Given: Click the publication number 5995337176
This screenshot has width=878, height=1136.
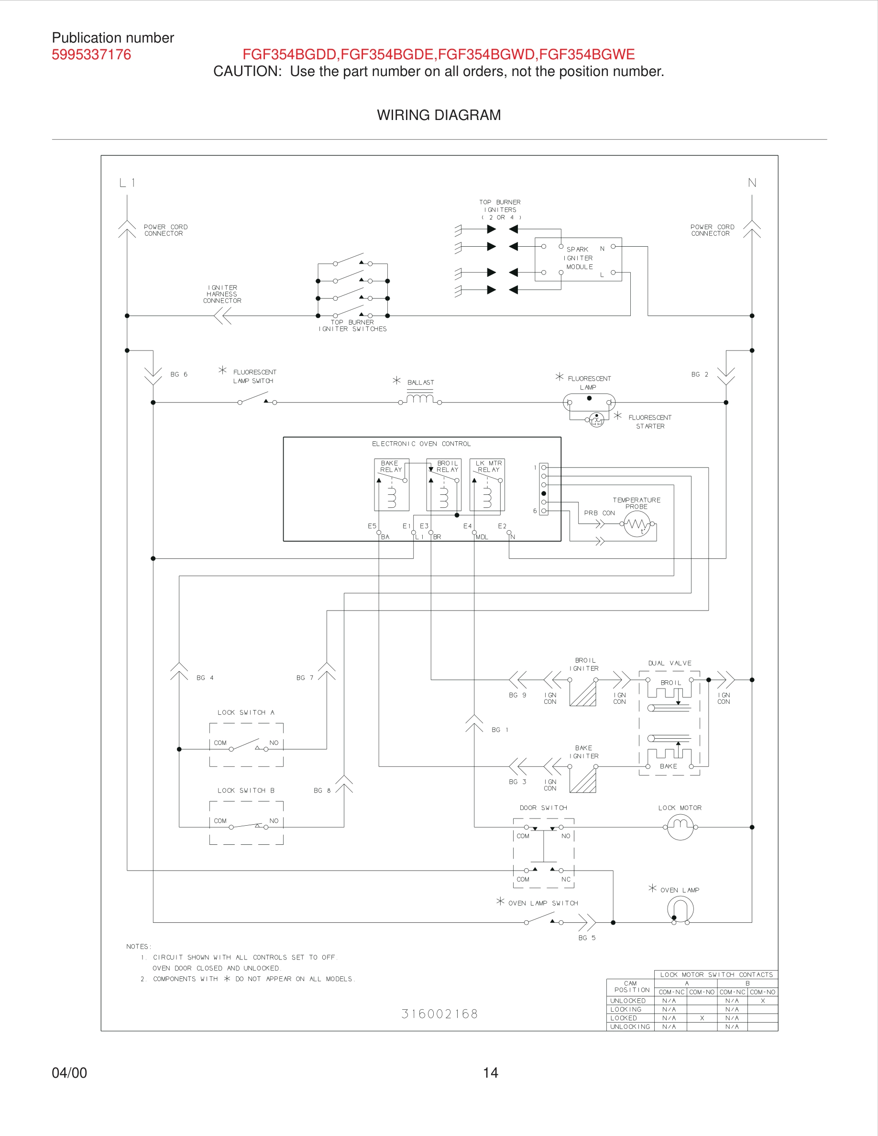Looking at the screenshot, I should (91, 55).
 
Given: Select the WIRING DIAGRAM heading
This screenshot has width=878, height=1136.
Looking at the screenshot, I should (439, 115).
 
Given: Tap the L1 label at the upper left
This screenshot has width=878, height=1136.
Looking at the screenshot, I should (127, 183).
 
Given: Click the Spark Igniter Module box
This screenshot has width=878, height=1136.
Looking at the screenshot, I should (578, 259).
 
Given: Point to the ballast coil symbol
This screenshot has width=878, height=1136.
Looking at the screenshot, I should (420, 399).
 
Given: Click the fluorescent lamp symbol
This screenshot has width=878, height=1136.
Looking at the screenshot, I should (589, 402).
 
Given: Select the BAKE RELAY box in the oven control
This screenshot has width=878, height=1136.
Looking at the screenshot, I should (392, 484).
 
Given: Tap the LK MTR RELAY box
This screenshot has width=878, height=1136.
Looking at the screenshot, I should (487, 484).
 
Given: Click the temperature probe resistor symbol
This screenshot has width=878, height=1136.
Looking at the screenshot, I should (637, 524).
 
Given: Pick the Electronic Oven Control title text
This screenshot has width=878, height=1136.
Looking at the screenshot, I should (421, 444).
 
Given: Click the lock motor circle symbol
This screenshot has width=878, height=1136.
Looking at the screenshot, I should (680, 827).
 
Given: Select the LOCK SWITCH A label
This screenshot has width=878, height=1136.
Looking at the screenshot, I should (245, 712).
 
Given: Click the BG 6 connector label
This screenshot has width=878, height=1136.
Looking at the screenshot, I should (178, 374).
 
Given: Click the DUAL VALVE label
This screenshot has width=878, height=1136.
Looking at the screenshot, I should (669, 663).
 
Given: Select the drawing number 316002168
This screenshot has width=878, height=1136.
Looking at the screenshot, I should (439, 1014).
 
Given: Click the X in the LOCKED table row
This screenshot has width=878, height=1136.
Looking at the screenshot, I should (702, 1018).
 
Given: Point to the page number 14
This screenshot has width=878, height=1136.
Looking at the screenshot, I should (490, 1073).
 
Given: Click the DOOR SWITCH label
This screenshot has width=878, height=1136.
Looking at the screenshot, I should (543, 808).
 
